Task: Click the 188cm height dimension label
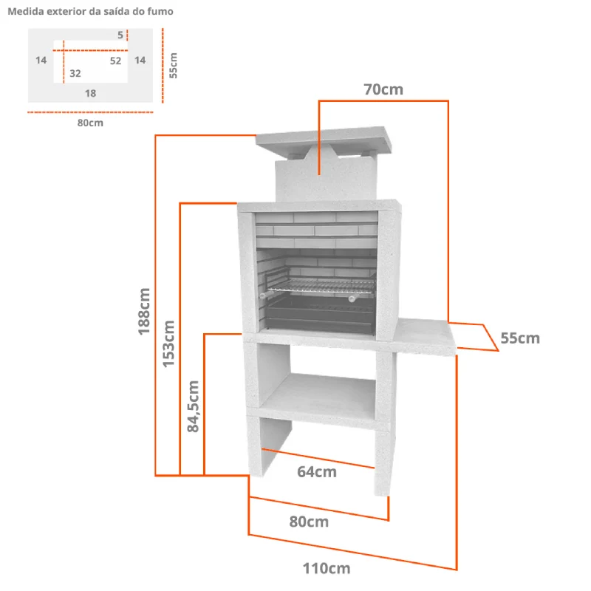tap(144, 311)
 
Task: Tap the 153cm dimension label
tap(168, 344)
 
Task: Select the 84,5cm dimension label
tap(193, 406)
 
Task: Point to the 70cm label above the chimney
tap(383, 89)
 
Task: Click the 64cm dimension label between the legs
tap(317, 472)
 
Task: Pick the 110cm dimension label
tap(327, 568)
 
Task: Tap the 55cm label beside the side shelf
tap(520, 338)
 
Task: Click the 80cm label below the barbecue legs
tap(309, 522)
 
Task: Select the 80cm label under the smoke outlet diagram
tap(90, 123)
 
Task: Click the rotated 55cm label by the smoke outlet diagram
tap(173, 66)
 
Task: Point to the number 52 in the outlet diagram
tap(116, 61)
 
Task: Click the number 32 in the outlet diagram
tap(75, 73)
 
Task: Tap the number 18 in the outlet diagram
tap(90, 94)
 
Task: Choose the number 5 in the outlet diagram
tap(120, 35)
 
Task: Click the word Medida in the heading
tap(26, 11)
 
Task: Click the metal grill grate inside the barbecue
tap(321, 285)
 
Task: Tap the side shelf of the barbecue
tap(424, 338)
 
